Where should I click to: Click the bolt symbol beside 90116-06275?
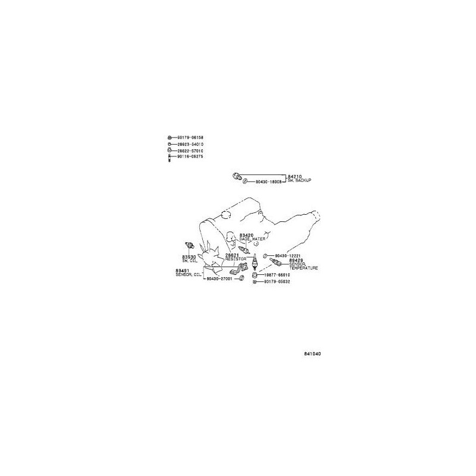point(170,158)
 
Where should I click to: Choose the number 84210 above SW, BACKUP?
point(295,176)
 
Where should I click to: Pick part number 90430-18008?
point(268,181)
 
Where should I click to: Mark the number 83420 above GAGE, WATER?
point(246,235)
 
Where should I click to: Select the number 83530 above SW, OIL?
point(189,256)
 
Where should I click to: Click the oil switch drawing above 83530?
point(189,245)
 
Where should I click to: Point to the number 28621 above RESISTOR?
point(232,255)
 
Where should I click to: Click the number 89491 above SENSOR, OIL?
point(182,270)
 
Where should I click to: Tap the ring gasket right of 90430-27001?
point(240,278)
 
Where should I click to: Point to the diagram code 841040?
point(312,352)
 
